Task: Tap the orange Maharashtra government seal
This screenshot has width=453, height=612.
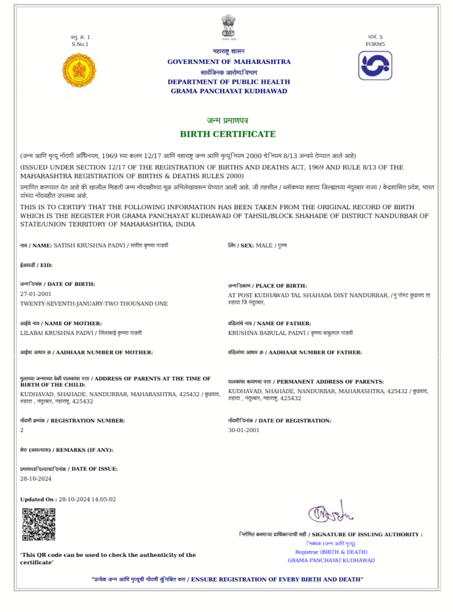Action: pos(80,69)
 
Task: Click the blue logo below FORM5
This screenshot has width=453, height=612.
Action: pos(375,66)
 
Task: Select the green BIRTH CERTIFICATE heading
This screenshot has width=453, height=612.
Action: pos(228,134)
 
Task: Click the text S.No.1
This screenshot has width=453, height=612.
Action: pos(80,44)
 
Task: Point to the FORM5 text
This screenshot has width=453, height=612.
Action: pos(375,44)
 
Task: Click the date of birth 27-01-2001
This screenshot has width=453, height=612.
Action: pos(36,294)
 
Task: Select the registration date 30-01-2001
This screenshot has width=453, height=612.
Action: pos(244,430)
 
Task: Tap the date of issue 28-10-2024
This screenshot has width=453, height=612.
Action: pos(36,479)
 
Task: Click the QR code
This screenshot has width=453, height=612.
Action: pos(39,524)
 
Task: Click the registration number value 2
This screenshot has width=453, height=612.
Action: pos(22,430)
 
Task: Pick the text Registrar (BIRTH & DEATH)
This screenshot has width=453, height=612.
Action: pos(331,552)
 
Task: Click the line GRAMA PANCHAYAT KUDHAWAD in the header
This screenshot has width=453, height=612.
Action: pos(229,91)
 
